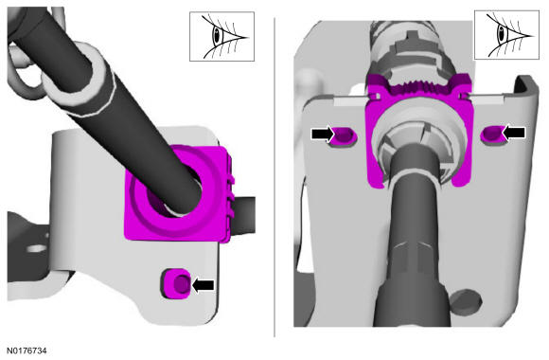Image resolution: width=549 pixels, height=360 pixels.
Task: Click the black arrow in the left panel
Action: coord(204,285)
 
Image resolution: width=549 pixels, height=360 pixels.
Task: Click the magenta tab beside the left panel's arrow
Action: coord(177,283)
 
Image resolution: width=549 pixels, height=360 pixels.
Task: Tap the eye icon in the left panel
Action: coord(222,36)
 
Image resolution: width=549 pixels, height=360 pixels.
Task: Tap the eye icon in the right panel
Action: coord(506,35)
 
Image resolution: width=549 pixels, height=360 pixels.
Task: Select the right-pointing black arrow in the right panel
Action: coord(323,134)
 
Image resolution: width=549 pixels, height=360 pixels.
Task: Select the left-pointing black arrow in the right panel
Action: coord(514,133)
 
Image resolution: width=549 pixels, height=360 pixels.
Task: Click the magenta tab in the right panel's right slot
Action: coord(493,134)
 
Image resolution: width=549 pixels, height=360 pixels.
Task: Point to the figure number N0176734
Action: coord(27,351)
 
